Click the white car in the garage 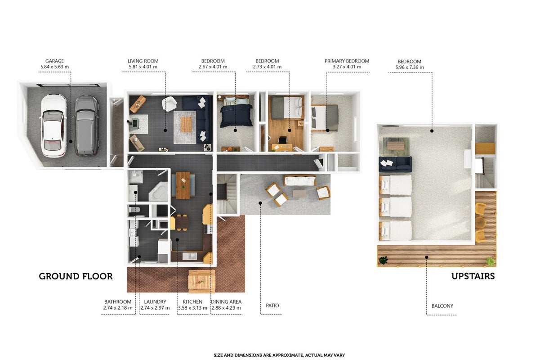click(54, 126)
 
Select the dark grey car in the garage click(86, 126)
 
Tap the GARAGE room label click(54, 61)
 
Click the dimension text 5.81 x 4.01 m click(143, 67)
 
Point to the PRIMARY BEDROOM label click(347, 61)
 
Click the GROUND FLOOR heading click(76, 276)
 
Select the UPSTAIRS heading click(473, 276)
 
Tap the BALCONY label click(442, 306)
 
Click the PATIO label click(272, 306)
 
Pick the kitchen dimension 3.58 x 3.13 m click(192, 308)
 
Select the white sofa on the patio click(299, 181)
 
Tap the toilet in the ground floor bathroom click(134, 210)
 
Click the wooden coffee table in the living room click(186, 125)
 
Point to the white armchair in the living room click(169, 104)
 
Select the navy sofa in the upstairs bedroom click(395, 164)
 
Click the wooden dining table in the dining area click(183, 185)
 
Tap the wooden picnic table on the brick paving click(202, 281)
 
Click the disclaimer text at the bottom click(279, 355)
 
